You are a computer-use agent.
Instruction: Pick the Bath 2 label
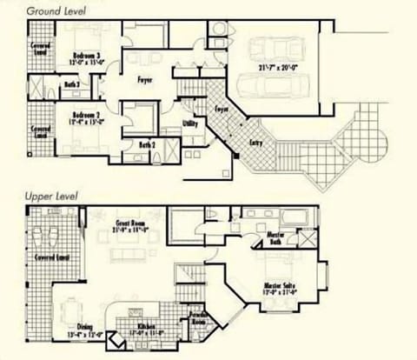(x=148, y=144)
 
